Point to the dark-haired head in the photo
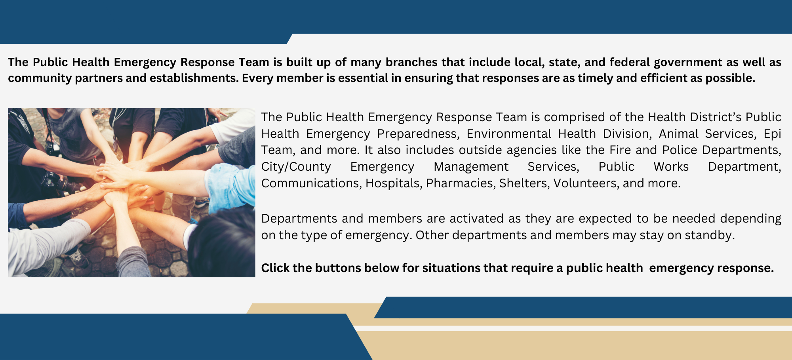tap(222, 242)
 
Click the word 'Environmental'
tap(508, 134)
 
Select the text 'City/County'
tap(296, 167)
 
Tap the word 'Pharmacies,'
tap(461, 183)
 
